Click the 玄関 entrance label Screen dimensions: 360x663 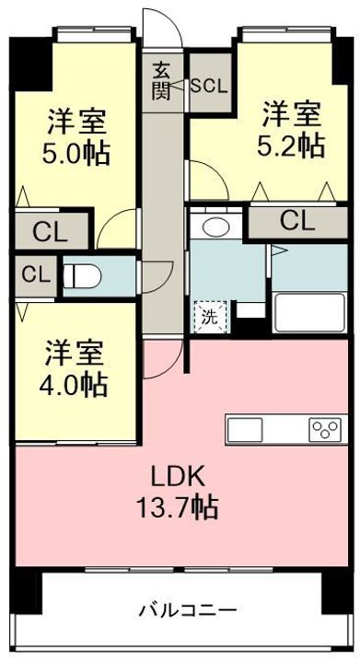tap(161, 80)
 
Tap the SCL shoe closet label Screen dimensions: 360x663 tap(209, 86)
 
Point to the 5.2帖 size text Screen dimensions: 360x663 tap(291, 145)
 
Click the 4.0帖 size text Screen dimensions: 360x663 tap(73, 383)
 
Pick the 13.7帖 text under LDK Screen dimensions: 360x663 tap(177, 507)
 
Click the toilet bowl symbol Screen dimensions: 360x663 tap(83, 276)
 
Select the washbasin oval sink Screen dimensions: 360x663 tap(216, 227)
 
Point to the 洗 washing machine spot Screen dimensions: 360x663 tap(211, 316)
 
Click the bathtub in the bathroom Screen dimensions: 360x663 tap(309, 311)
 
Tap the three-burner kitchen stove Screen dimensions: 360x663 tap(325, 430)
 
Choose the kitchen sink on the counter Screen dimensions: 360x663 tap(245, 429)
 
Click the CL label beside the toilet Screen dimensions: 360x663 tap(36, 275)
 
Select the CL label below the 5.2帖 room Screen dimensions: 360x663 tap(298, 221)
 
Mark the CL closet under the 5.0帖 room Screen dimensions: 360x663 tap(52, 233)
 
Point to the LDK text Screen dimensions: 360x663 tap(179, 478)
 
